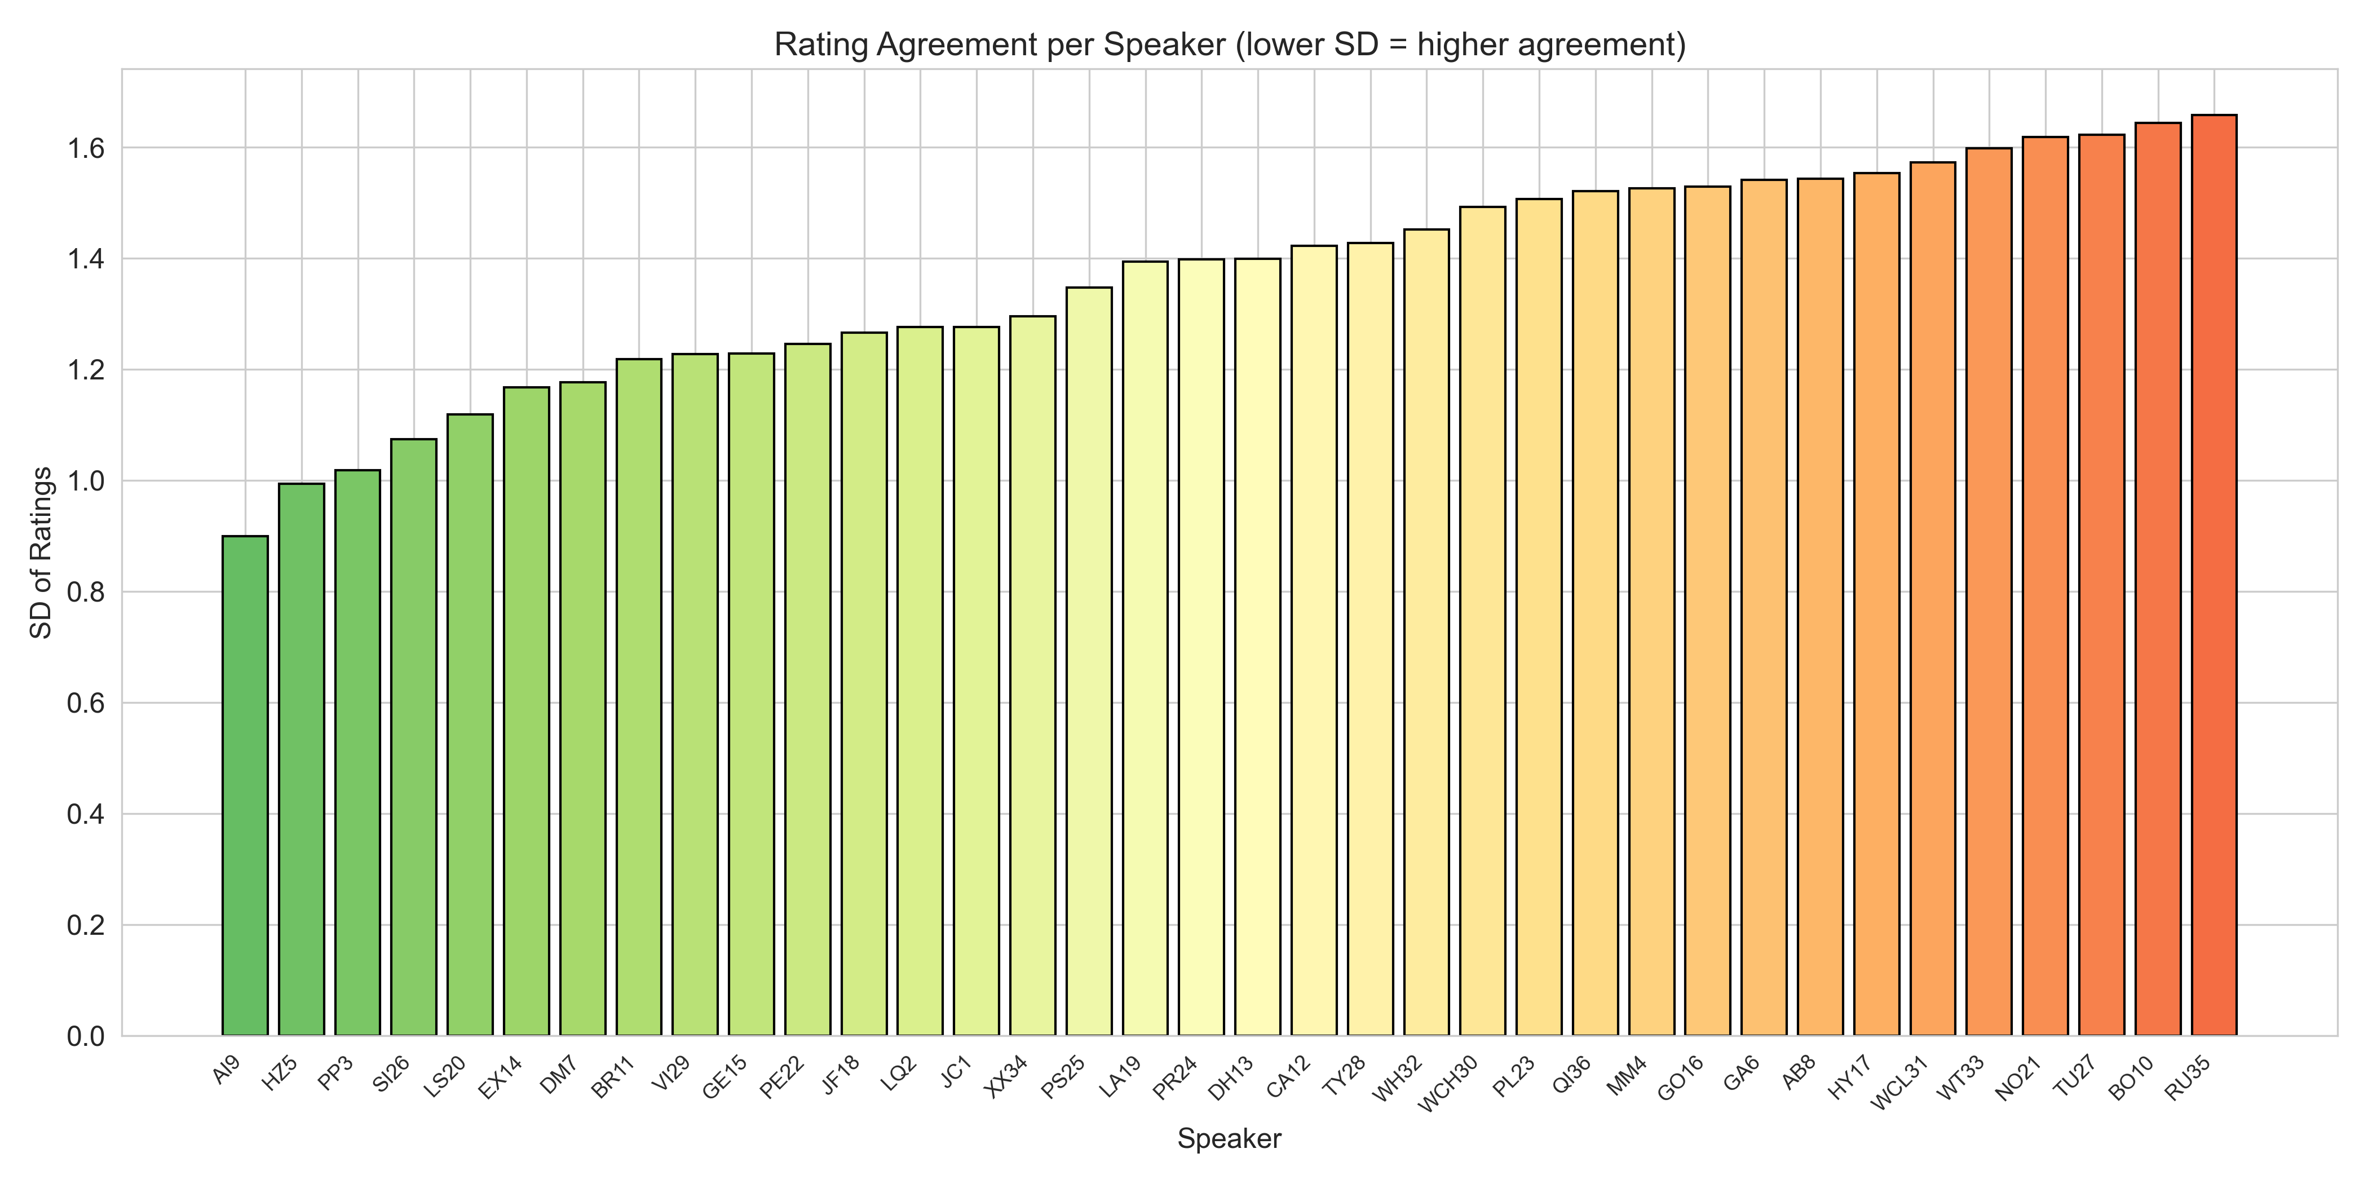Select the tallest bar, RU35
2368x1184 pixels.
(2214, 576)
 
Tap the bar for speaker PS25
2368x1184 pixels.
(1089, 662)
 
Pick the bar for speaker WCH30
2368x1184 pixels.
(1483, 621)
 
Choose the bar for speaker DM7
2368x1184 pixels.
(583, 709)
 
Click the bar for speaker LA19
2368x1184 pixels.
(1146, 649)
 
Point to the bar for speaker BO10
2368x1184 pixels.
(2158, 579)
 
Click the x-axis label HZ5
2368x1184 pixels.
(280, 1073)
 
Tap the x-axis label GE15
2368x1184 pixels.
(724, 1077)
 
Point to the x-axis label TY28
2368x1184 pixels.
(1344, 1076)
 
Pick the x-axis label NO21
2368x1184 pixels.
(2018, 1078)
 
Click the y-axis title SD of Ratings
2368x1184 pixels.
(41, 553)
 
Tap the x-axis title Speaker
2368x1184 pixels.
(1229, 1139)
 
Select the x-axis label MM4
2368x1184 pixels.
(1627, 1076)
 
